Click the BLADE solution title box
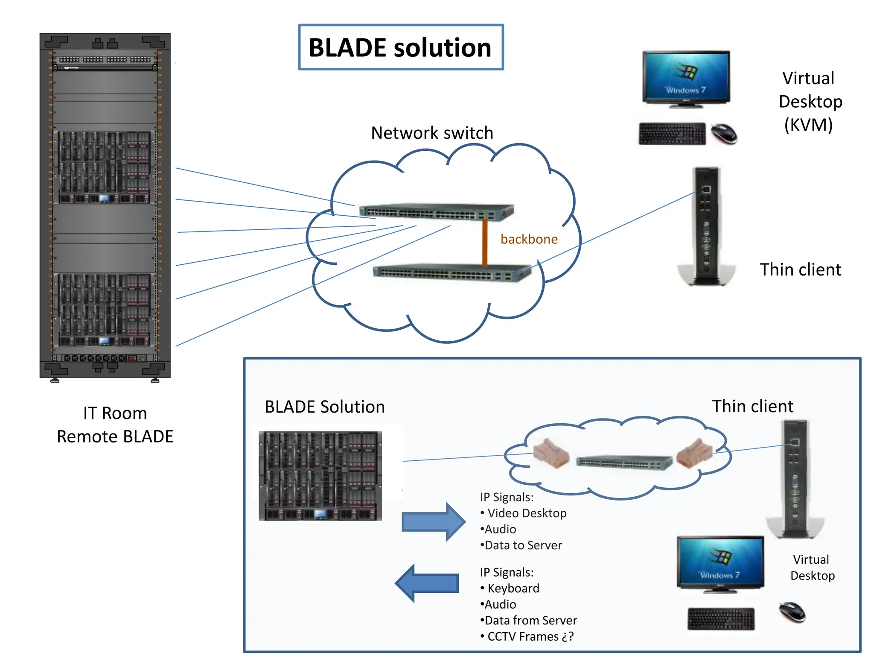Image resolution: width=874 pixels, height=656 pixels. (x=400, y=47)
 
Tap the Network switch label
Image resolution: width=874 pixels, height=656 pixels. (x=432, y=133)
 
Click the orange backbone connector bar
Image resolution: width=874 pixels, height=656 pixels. (x=485, y=243)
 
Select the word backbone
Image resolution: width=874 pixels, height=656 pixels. (x=529, y=239)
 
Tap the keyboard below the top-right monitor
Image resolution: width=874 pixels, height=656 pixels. (x=672, y=134)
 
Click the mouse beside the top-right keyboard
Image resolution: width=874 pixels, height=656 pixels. (x=724, y=133)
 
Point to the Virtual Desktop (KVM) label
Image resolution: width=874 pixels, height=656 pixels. (x=810, y=102)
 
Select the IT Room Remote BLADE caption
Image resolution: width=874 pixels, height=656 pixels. (x=115, y=425)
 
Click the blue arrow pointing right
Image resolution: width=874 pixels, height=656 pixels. (x=433, y=522)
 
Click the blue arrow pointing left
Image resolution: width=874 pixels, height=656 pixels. (x=427, y=583)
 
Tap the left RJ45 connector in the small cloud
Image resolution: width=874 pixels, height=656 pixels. (x=551, y=454)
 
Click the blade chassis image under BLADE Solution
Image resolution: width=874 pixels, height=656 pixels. (x=320, y=476)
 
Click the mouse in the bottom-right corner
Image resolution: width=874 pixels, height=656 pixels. (x=792, y=612)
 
